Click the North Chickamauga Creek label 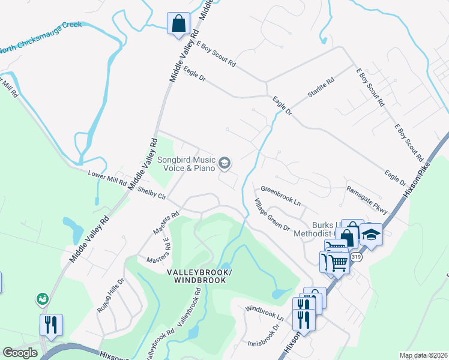coord(42,38)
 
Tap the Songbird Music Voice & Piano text coord(186,164)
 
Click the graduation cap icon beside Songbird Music coord(224,163)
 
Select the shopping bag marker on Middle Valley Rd coord(179,25)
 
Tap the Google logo coord(20,353)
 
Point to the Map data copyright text coord(423,355)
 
